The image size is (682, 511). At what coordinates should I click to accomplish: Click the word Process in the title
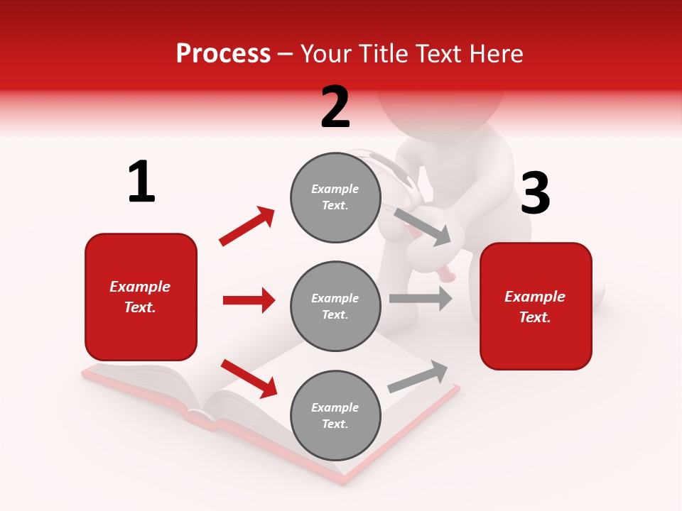pyautogui.click(x=223, y=54)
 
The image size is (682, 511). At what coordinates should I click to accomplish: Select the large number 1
pyautogui.click(x=141, y=182)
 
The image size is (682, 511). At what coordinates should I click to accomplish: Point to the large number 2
pyautogui.click(x=335, y=107)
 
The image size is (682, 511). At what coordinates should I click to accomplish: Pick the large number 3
pyautogui.click(x=535, y=194)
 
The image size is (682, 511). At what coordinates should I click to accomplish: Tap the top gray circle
pyautogui.click(x=335, y=197)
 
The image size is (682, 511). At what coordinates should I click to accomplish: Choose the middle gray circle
pyautogui.click(x=335, y=306)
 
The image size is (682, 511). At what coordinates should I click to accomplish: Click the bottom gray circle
pyautogui.click(x=335, y=415)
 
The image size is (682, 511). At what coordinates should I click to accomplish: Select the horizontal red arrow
pyautogui.click(x=249, y=300)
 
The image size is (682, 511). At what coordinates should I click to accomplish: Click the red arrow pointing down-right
pyautogui.click(x=249, y=378)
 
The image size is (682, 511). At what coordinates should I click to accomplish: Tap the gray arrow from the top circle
pyautogui.click(x=422, y=226)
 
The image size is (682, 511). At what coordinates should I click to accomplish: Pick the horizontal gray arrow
pyautogui.click(x=420, y=299)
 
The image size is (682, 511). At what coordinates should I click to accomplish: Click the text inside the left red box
pyautogui.click(x=140, y=297)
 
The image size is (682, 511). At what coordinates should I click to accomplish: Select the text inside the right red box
pyautogui.click(x=535, y=307)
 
